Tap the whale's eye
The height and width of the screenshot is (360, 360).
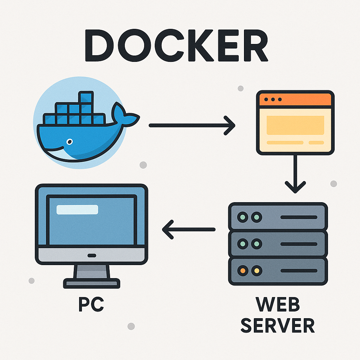pyautogui.click(x=70, y=142)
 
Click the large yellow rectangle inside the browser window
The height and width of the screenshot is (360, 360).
pyautogui.click(x=295, y=125)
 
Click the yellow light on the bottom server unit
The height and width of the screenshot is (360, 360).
pyautogui.click(x=256, y=271)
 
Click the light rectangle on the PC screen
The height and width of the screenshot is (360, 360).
pyautogui.click(x=77, y=210)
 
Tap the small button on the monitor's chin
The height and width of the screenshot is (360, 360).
pyautogui.click(x=91, y=255)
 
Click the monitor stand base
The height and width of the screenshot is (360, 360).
pyautogui.click(x=91, y=283)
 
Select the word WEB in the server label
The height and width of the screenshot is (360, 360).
pyautogui.click(x=278, y=304)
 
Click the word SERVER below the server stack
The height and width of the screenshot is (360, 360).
pyautogui.click(x=278, y=326)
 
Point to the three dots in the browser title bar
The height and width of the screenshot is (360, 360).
pyautogui.click(x=272, y=99)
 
